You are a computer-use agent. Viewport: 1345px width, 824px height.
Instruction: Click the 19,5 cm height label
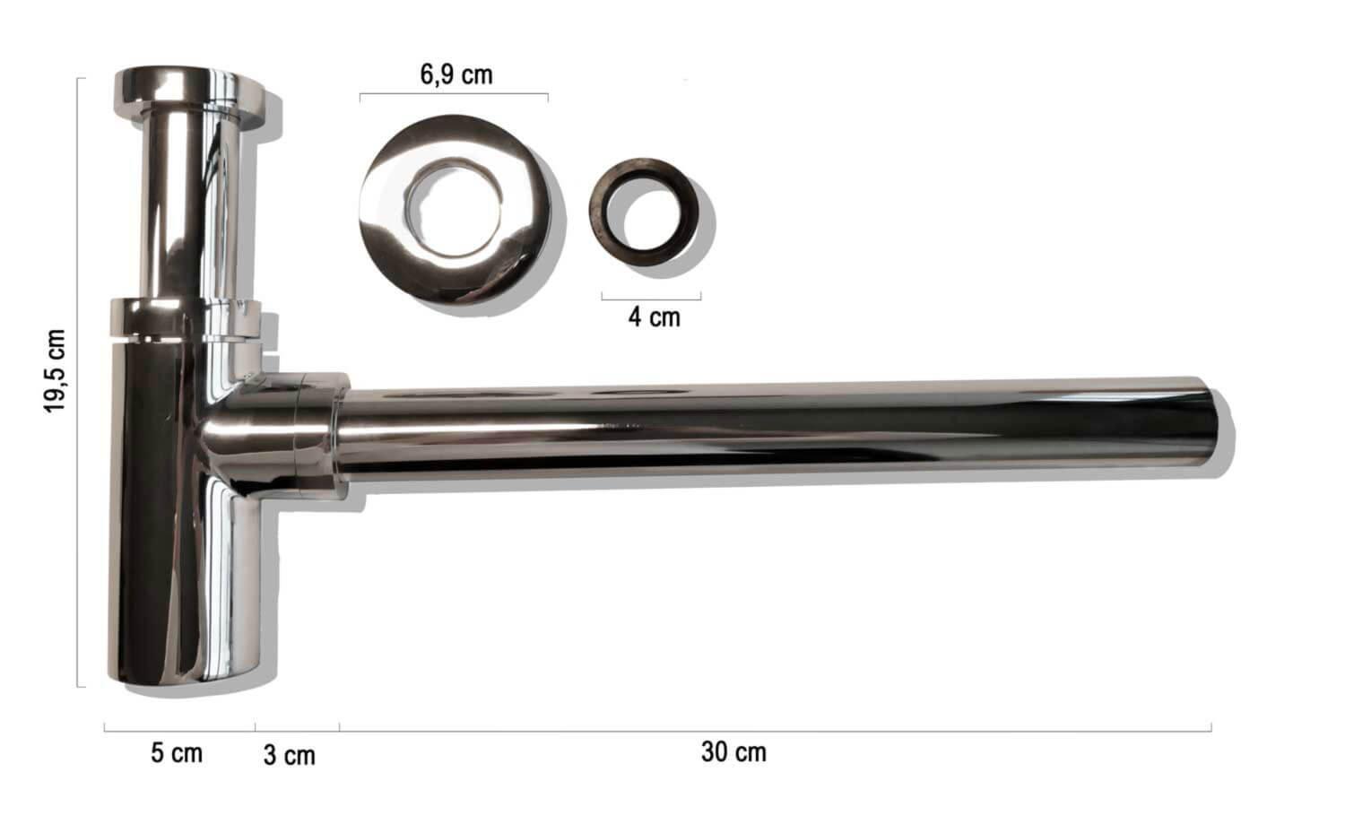(54, 370)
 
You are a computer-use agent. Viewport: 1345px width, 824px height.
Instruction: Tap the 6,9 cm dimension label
(456, 75)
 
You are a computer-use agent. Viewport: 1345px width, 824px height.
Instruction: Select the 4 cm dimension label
(654, 317)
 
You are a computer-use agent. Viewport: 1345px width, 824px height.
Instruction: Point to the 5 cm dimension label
(176, 752)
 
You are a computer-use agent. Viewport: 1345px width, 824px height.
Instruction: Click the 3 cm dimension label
(289, 755)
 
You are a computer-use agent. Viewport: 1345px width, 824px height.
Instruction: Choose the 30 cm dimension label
(733, 752)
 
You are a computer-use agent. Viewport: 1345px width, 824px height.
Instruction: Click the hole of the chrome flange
(454, 207)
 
